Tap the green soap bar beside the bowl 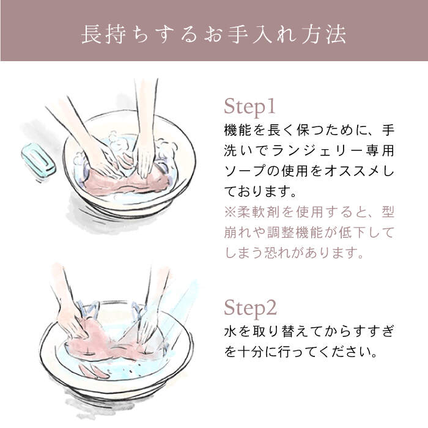click(x=38, y=158)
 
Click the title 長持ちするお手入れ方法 click(x=214, y=34)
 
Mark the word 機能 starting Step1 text click(x=238, y=130)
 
